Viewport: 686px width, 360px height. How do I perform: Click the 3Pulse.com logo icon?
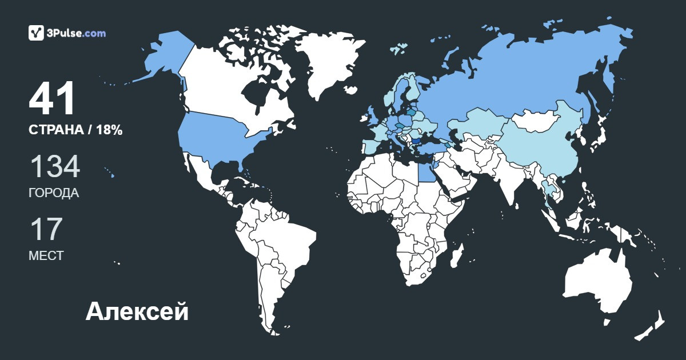coord(37,33)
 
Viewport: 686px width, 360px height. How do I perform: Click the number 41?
coord(52,99)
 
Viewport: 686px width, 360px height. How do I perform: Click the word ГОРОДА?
coord(54,193)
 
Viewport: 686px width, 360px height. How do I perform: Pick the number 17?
coord(45,230)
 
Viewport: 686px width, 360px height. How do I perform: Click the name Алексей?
coord(137,312)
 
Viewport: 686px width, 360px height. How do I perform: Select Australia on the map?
coord(597,283)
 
